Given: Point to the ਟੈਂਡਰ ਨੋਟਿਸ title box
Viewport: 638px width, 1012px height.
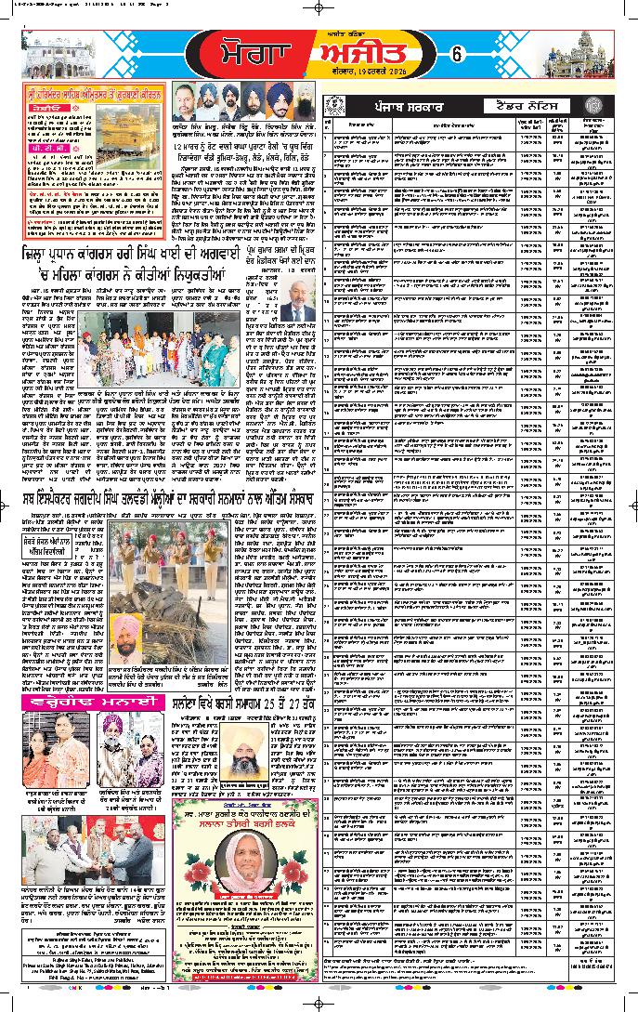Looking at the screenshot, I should tap(517, 108).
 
